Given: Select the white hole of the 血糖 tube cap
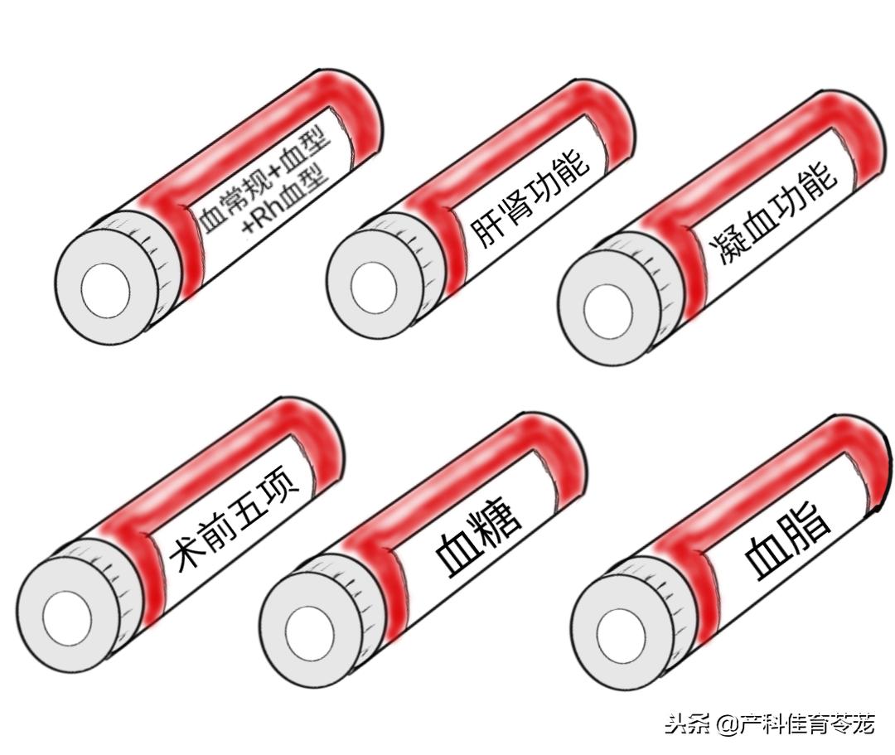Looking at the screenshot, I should coord(309,632).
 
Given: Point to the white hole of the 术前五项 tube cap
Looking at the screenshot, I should coord(66,618).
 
